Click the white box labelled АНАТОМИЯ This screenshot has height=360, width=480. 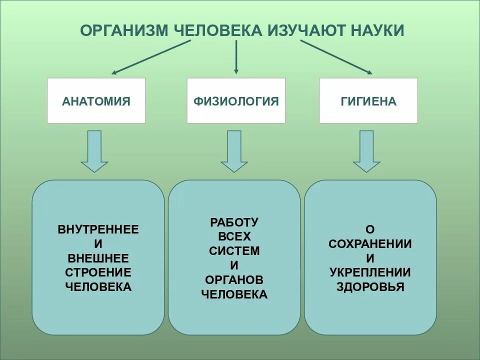[96, 101]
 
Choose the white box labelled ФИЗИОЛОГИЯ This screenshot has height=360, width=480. [236, 101]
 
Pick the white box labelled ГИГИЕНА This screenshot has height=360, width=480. [368, 101]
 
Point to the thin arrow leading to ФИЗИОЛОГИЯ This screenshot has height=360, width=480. [236, 57]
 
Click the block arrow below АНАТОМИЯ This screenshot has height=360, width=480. [94, 150]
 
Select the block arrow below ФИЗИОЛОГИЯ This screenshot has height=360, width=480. [234, 150]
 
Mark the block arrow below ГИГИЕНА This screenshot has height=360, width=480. [366, 150]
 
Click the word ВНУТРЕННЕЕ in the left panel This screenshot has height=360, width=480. [98, 230]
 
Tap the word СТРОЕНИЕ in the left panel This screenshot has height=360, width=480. [98, 272]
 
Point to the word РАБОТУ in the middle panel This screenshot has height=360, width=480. [234, 222]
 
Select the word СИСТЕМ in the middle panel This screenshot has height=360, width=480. [234, 250]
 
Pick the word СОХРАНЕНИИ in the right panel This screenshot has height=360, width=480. [370, 244]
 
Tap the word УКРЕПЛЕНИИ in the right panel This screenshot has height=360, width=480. [370, 272]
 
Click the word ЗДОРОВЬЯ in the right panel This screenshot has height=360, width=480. [370, 287]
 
